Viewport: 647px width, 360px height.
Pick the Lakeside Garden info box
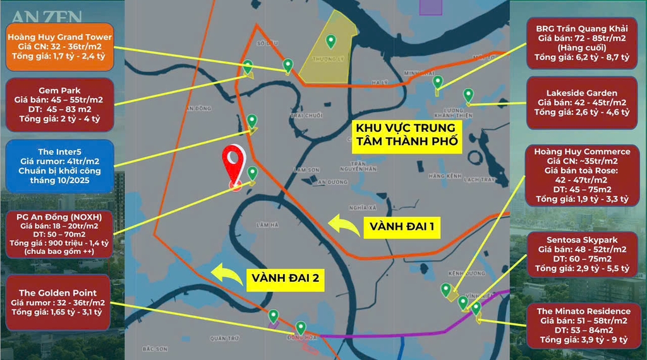coord(582,102)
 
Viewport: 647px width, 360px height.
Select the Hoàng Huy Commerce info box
coord(582,175)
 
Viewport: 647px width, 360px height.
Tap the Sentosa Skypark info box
coord(582,254)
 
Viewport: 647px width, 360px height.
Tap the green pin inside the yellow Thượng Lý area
coord(330,42)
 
